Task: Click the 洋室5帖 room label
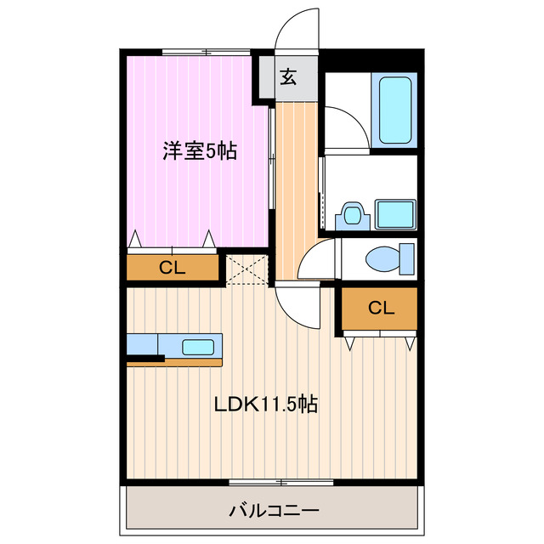click(x=200, y=152)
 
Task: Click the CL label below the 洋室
click(x=173, y=269)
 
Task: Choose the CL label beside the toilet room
click(x=381, y=309)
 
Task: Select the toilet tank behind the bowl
click(x=407, y=256)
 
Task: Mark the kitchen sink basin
click(x=199, y=346)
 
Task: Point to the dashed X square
click(x=247, y=269)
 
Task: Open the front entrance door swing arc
click(x=297, y=30)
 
